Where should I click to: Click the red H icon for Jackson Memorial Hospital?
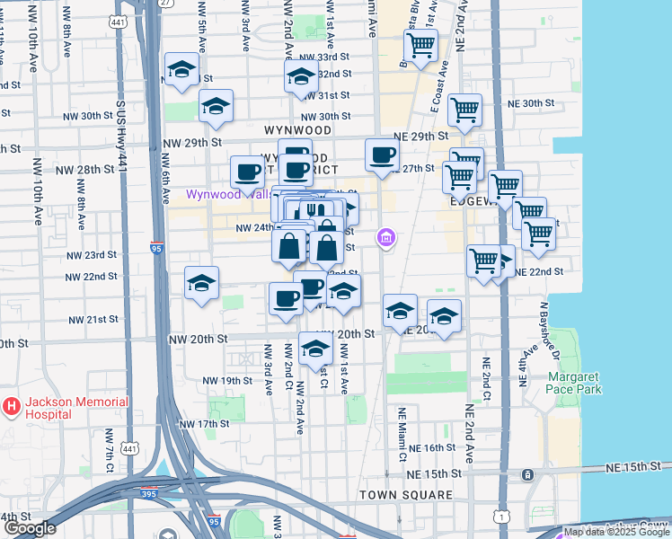click(12, 407)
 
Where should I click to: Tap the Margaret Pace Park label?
click(574, 383)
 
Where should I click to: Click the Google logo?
click(31, 528)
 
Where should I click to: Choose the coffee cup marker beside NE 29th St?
click(382, 155)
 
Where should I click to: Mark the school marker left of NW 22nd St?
click(202, 283)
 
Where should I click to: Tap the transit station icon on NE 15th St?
click(528, 474)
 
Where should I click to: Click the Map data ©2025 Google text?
click(617, 532)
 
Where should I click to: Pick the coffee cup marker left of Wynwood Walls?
click(247, 172)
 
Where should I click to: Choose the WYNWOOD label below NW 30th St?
click(297, 130)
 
